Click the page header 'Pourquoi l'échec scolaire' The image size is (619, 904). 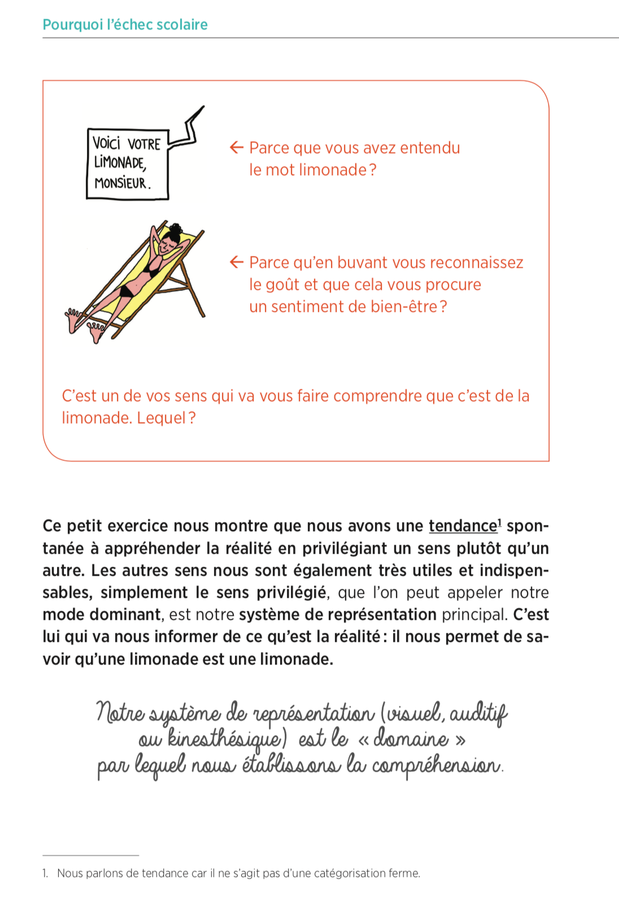[125, 25]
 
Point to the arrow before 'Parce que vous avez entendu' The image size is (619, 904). [236, 148]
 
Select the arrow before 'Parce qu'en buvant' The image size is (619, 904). [236, 262]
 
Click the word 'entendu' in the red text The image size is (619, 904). [430, 148]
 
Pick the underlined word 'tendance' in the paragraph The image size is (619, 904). [463, 526]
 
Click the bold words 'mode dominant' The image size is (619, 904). [102, 615]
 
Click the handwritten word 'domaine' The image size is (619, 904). [411, 739]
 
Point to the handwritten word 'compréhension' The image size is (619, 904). [436, 767]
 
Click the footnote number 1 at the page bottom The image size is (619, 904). [45, 873]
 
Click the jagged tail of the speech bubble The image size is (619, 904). [189, 127]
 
